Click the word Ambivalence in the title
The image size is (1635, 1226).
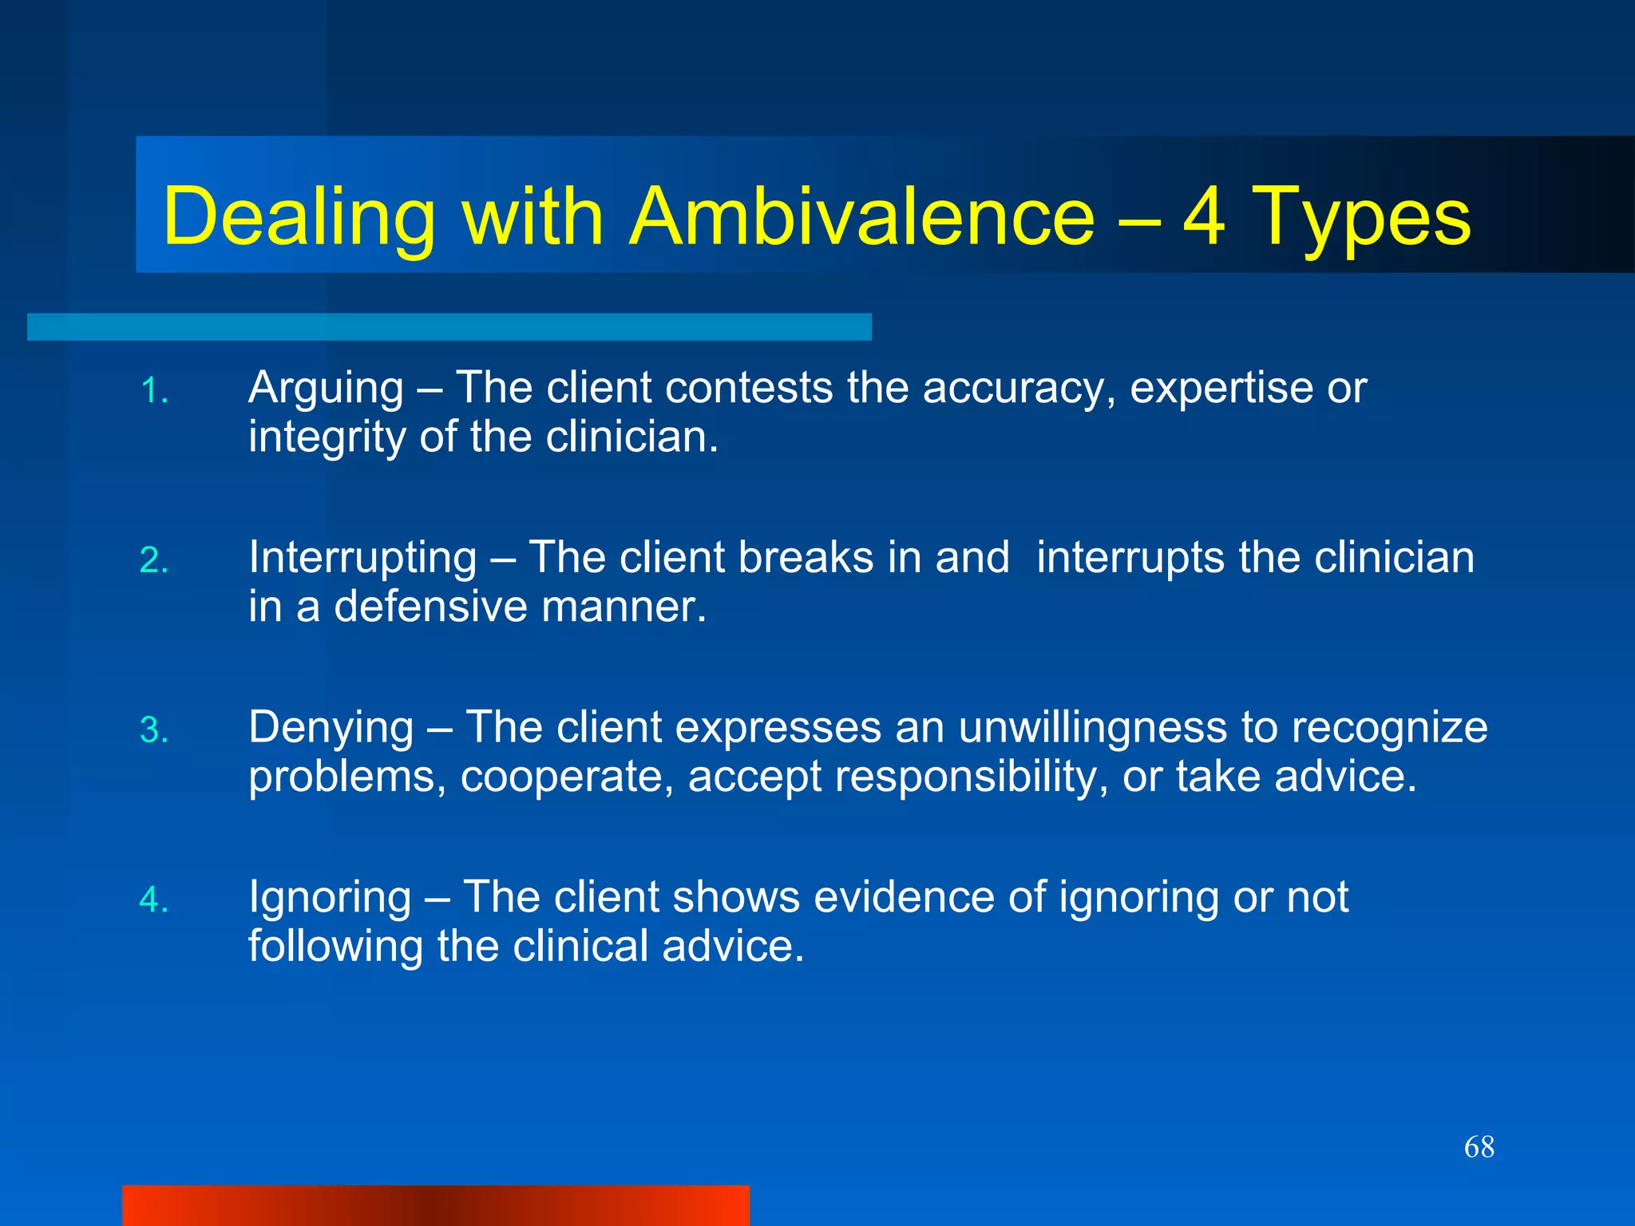click(x=861, y=216)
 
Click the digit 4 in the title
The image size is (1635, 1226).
click(x=1203, y=216)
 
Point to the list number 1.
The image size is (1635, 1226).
click(x=154, y=392)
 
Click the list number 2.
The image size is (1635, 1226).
click(x=154, y=561)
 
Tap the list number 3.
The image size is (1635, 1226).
click(x=154, y=730)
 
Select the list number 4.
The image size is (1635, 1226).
click(x=154, y=900)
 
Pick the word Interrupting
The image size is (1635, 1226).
click(x=362, y=559)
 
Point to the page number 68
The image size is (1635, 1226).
click(x=1479, y=1147)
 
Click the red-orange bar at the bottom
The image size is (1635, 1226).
click(x=435, y=1205)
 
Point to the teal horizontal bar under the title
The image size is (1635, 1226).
click(x=449, y=326)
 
